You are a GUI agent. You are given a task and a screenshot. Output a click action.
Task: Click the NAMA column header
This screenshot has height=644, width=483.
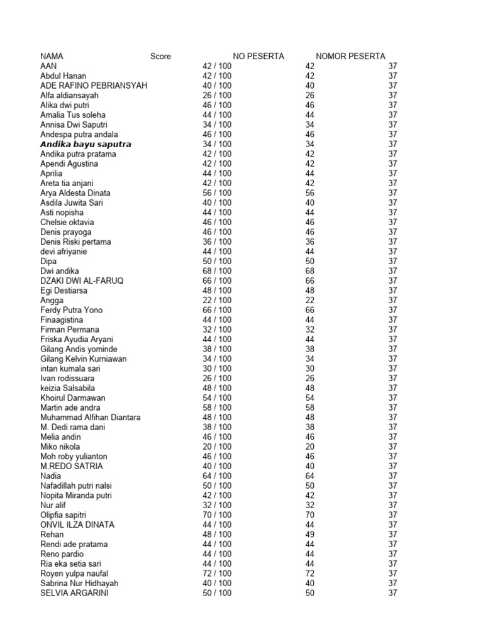coord(52,56)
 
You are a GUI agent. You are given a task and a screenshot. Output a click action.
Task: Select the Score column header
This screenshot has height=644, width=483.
coord(160,56)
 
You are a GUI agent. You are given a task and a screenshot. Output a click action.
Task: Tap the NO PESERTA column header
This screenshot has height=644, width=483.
coord(258,56)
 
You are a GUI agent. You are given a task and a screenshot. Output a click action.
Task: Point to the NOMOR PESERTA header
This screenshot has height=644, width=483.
coord(350,56)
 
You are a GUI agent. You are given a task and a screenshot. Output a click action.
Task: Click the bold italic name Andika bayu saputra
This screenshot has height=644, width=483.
coord(86,144)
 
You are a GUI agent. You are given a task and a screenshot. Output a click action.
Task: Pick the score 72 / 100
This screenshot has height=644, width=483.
coord(216,573)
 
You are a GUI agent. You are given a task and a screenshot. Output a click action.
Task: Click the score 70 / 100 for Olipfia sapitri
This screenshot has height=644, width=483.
coord(216,514)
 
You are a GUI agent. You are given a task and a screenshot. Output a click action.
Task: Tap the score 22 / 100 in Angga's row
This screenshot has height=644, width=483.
coord(216,300)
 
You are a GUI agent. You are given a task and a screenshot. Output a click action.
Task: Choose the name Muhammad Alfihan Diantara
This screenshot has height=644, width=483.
coord(91,417)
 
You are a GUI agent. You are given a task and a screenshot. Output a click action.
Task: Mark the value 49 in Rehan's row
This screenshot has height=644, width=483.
coord(309,534)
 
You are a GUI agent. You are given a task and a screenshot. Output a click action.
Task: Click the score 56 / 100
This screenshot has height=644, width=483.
coord(216,192)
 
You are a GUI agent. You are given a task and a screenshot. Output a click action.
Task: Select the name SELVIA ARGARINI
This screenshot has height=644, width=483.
coord(74,592)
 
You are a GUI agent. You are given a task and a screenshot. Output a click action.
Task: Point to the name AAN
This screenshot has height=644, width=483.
coord(48,66)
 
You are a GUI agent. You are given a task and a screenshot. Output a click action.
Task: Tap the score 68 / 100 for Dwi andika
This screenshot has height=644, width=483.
coord(216,270)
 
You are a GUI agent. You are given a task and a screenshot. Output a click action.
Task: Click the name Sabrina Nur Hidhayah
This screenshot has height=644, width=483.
coord(79,583)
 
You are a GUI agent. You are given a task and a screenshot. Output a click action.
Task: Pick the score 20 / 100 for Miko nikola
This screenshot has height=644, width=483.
coord(216,447)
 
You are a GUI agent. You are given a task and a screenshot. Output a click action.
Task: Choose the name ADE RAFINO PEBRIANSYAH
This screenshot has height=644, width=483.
coord(94,86)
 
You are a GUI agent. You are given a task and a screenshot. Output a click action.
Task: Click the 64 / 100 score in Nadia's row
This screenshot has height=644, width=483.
coord(216,475)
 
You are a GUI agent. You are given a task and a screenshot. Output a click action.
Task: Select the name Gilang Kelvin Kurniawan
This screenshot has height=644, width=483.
coord(84,358)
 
